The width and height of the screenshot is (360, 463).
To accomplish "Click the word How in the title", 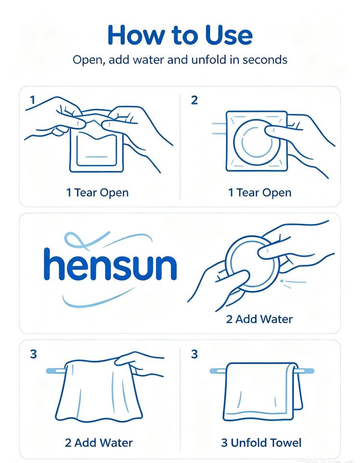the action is (x=136, y=35).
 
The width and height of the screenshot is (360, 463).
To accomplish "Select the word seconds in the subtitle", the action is (x=265, y=60).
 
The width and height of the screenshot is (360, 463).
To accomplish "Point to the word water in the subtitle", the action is (x=148, y=60).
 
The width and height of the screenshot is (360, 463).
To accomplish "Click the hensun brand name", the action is (x=110, y=264).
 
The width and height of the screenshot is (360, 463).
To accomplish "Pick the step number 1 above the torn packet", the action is (x=32, y=100).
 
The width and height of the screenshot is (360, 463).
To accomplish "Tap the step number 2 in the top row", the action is (x=194, y=100).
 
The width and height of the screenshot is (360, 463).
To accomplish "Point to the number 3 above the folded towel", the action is (x=194, y=354).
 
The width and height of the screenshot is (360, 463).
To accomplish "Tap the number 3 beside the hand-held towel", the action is (x=33, y=354).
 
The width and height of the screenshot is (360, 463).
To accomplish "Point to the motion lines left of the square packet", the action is (x=219, y=129).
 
